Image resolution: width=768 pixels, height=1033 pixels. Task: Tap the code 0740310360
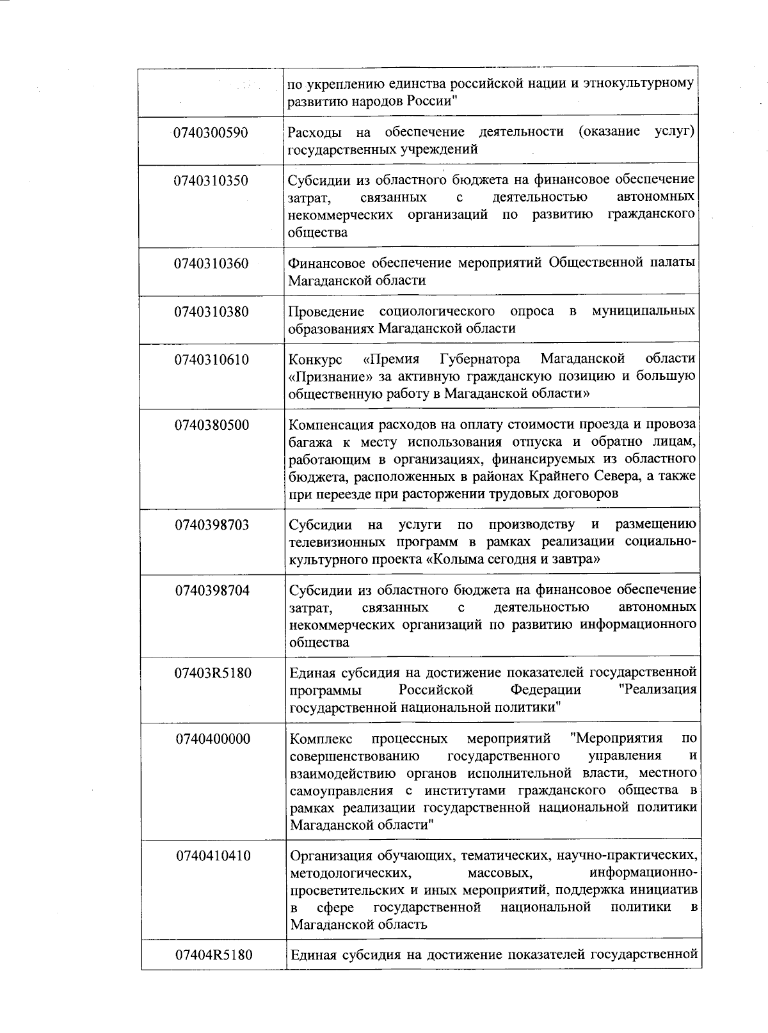point(211,264)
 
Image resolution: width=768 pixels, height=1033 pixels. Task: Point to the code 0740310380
point(211,312)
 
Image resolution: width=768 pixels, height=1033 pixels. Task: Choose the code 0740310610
point(212,360)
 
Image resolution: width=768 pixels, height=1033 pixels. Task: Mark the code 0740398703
point(212,526)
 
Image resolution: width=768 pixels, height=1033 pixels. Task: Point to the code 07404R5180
point(214,956)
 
